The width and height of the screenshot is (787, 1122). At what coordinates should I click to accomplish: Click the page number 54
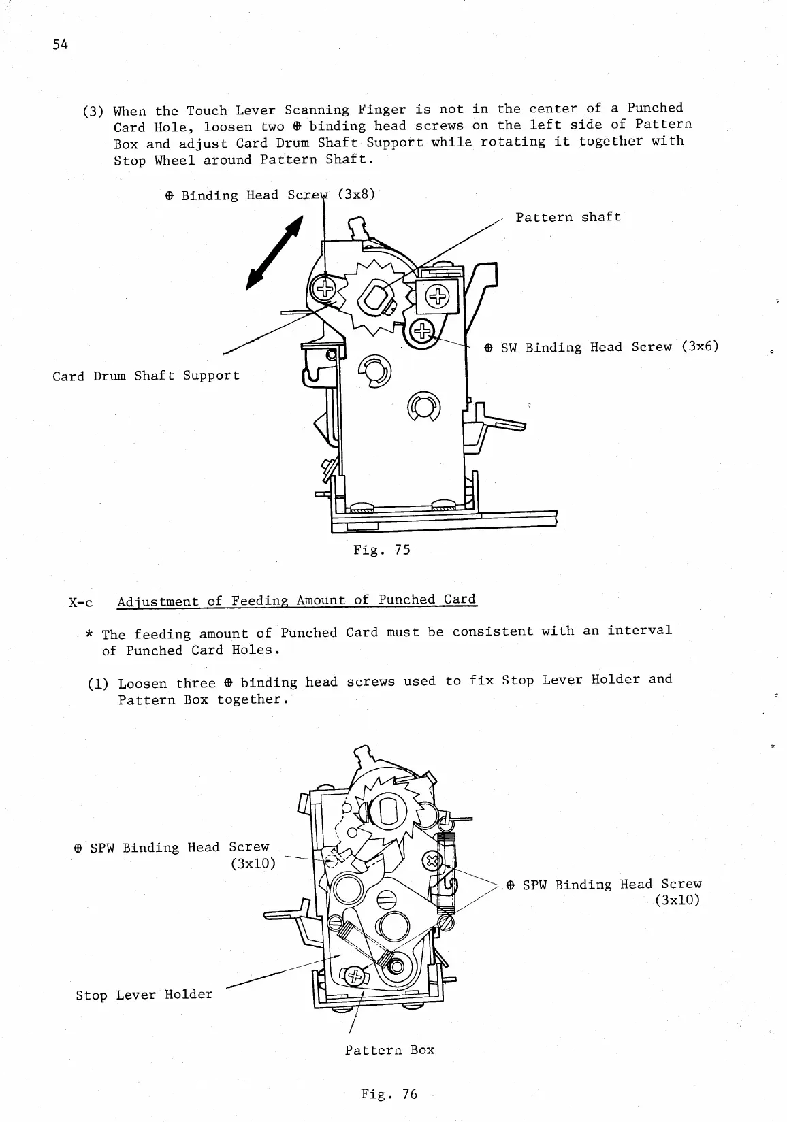(60, 46)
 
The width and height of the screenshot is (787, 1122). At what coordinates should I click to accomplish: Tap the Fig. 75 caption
(381, 549)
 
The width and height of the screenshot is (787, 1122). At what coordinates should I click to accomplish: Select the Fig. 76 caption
(389, 1094)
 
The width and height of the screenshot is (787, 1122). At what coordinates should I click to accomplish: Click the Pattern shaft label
(568, 217)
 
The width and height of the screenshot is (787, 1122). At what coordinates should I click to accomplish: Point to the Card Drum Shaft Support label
(146, 376)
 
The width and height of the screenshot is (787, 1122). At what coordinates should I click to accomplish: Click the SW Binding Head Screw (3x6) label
(601, 347)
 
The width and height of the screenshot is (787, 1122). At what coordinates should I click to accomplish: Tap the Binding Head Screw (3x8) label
(270, 195)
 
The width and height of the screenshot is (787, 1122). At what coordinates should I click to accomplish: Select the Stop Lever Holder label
(144, 995)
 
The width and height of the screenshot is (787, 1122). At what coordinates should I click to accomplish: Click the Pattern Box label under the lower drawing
(389, 1050)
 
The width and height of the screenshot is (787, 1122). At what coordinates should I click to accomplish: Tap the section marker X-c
(81, 603)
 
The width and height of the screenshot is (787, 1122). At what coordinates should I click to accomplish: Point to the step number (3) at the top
(92, 111)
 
